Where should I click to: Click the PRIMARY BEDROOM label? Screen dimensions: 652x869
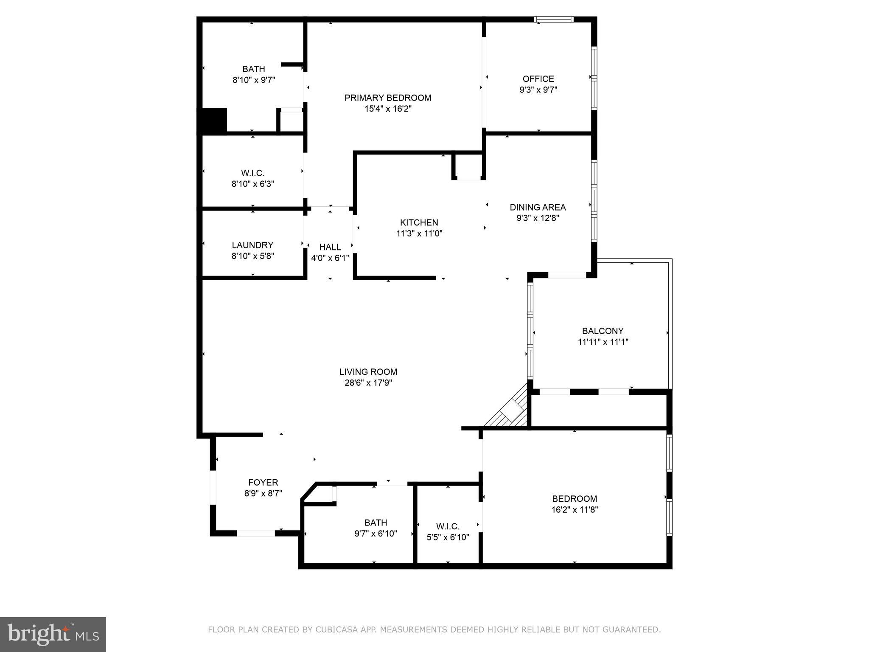pos(387,98)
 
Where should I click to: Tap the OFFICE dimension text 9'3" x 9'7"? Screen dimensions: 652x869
pos(538,90)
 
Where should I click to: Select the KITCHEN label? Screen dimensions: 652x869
pos(419,222)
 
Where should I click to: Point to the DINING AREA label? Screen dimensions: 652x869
pos(538,207)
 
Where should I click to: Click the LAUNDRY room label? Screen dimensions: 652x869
pos(252,245)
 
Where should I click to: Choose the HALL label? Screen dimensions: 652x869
pos(330,247)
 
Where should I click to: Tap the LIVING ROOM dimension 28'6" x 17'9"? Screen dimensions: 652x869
pos(368,383)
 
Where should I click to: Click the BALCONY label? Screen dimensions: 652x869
pos(603,331)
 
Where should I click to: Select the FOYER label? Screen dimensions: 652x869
pos(263,482)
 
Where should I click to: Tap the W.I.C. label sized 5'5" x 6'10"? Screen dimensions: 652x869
pos(448,526)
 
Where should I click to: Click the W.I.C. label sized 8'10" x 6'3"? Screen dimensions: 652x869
pos(252,173)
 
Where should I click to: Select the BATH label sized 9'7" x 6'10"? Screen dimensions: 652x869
pos(376,523)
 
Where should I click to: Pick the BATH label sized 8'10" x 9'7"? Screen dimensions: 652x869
pos(254,69)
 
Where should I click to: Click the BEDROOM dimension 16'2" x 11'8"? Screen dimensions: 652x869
pos(574,510)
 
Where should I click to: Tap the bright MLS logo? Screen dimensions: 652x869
pos(53,634)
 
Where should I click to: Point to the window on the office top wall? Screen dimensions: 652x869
pos(554,19)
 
